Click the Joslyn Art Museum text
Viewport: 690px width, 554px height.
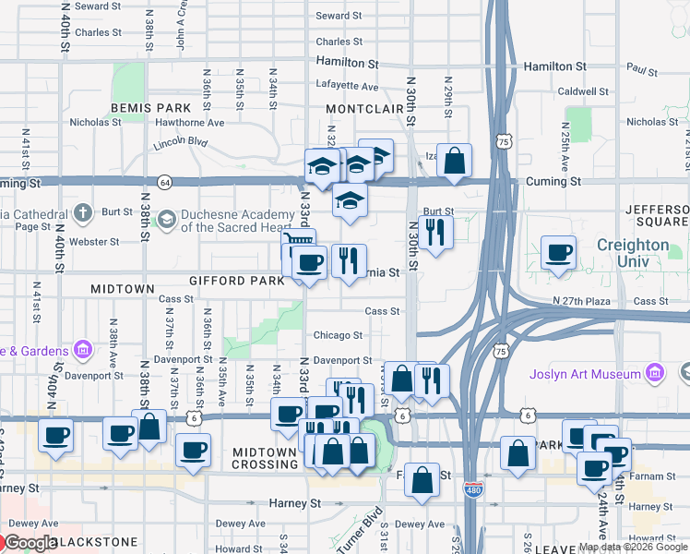pos(585,374)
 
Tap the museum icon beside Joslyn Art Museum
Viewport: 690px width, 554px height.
pos(656,373)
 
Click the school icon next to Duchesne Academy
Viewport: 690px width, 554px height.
pos(166,218)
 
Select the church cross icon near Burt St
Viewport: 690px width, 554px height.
pos(83,213)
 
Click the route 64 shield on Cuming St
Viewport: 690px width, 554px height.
pos(163,182)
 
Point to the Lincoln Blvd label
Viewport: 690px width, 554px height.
pos(180,143)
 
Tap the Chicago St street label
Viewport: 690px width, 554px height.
pos(337,335)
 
